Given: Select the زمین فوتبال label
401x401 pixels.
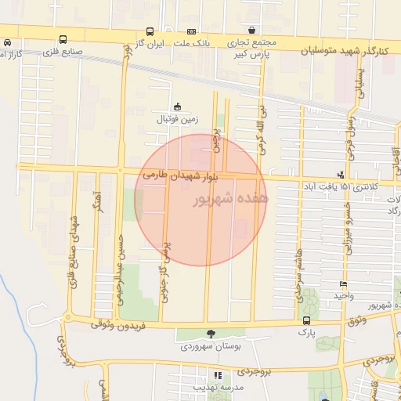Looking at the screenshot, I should tap(179, 119).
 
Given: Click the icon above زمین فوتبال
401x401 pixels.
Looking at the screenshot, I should tap(178, 107).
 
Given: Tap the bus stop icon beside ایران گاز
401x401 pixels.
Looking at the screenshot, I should tap(150, 32).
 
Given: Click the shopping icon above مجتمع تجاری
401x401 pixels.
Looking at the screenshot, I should tap(251, 30).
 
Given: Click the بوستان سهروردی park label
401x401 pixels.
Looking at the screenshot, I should tap(207, 345).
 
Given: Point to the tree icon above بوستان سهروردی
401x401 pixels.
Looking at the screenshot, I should tap(209, 334).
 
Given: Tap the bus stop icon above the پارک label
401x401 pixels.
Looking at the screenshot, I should tap(305, 320).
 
